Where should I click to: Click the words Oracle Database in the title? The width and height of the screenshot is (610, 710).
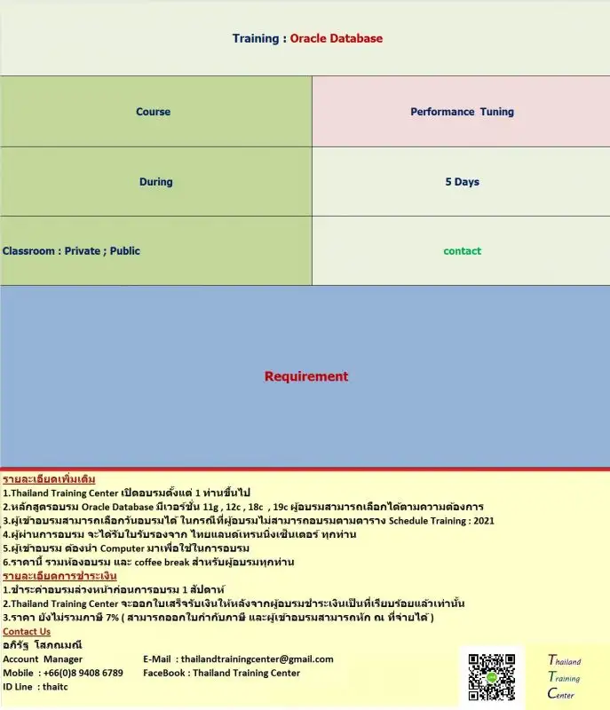[x=337, y=38]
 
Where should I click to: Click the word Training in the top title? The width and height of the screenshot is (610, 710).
[x=256, y=38]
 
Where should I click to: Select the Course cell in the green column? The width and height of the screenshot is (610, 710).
[x=153, y=112]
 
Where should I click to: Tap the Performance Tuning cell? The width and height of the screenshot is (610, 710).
[x=462, y=112]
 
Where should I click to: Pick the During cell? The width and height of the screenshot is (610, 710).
[x=155, y=182]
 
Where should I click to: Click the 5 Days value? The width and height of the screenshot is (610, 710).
[x=462, y=182]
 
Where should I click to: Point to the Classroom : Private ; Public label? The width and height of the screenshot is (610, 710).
[x=71, y=251]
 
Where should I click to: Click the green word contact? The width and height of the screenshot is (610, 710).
[x=462, y=251]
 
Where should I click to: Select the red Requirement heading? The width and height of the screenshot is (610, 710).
[x=306, y=376]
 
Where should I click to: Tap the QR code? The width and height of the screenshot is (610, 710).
[x=491, y=677]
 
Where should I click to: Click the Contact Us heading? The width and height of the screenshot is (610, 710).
[x=27, y=631]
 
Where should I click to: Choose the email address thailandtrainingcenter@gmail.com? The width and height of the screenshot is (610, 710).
[x=257, y=659]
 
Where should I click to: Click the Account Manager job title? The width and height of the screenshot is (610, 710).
[x=43, y=659]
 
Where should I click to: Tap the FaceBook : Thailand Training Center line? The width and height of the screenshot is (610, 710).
[x=221, y=673]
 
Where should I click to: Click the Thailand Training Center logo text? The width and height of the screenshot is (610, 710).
[x=564, y=677]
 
